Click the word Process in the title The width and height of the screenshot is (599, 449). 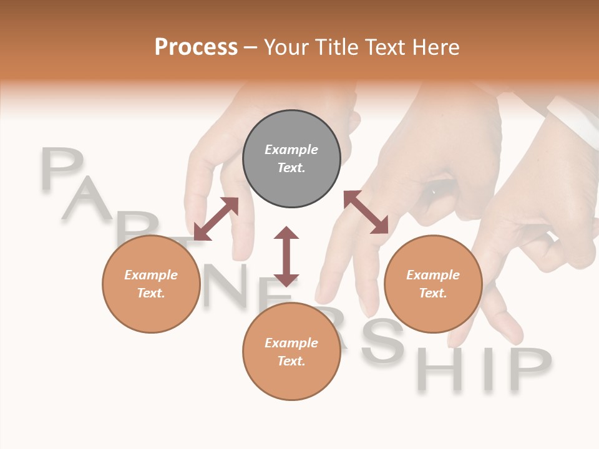click(x=196, y=47)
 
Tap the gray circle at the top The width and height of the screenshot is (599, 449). click(x=291, y=158)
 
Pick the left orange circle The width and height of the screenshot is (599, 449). click(x=151, y=284)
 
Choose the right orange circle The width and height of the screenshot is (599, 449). click(x=433, y=284)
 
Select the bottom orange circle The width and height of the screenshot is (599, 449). click(x=291, y=351)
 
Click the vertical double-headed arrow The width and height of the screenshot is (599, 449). click(x=286, y=256)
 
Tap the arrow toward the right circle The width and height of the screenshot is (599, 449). click(x=366, y=212)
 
